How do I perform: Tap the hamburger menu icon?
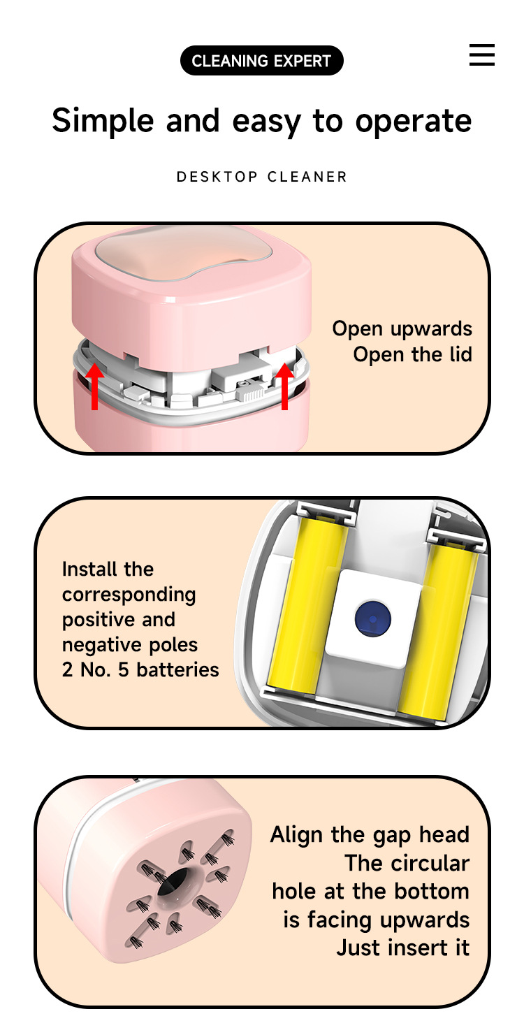point(482,55)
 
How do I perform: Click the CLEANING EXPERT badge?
point(261,61)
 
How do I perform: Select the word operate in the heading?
point(413,121)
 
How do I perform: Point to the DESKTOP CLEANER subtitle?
point(261,177)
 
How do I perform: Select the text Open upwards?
point(402,328)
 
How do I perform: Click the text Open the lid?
point(412,354)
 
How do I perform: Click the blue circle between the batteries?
point(372,617)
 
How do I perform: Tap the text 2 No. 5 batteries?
point(140,669)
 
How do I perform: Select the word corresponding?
point(129,594)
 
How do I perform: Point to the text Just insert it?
point(402,948)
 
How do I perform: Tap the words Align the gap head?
point(370,834)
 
